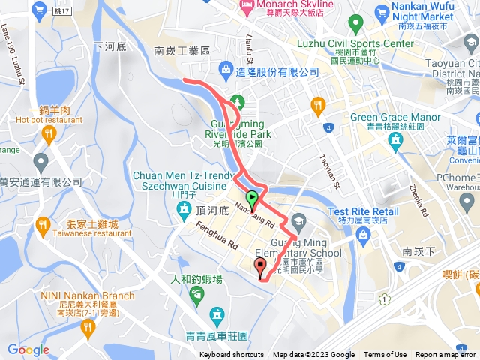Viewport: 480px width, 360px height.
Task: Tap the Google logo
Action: [28, 349]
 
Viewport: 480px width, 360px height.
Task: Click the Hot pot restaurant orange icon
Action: [49, 136]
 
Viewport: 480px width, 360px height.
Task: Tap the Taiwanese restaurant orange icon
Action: [43, 224]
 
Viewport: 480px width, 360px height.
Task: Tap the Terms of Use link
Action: [385, 355]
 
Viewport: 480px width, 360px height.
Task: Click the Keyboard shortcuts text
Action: [231, 355]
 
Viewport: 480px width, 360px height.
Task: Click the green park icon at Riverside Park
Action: [238, 100]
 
